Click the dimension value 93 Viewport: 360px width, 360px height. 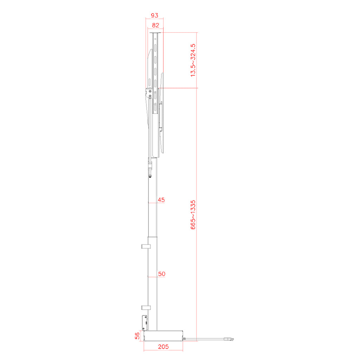155,15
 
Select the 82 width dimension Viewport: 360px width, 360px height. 155,25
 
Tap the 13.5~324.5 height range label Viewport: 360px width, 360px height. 193,60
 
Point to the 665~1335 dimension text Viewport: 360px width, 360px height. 193,215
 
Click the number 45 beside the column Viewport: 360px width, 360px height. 161,200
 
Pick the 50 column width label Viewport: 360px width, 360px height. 162,274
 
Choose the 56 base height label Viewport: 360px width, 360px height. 137,336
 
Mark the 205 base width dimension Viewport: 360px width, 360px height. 163,347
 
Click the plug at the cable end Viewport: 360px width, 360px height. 229,339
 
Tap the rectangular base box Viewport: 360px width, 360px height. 163,336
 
